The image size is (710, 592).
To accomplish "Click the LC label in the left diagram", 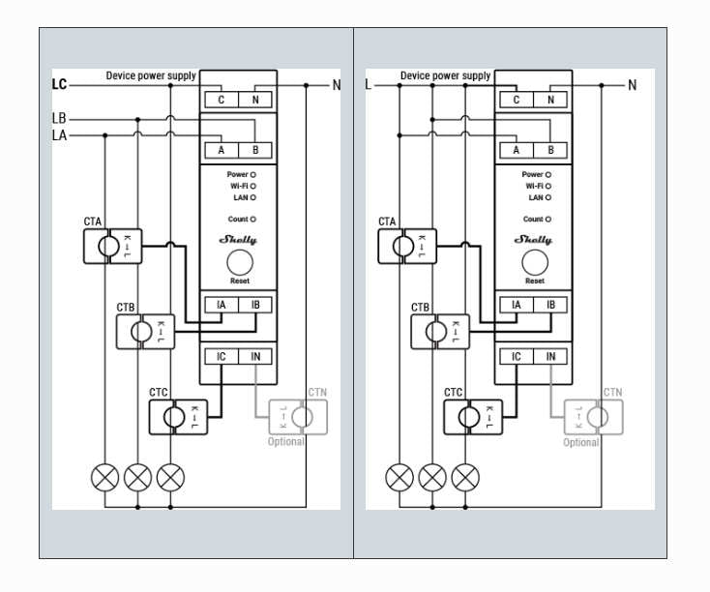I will (x=59, y=85).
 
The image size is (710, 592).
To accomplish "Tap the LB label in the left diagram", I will (x=59, y=119).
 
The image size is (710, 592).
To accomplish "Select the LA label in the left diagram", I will (x=59, y=135).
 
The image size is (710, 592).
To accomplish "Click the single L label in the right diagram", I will (x=368, y=85).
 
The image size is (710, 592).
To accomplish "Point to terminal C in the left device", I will (x=222, y=100).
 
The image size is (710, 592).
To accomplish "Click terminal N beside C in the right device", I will (x=550, y=100).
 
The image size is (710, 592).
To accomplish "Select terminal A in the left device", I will (x=222, y=150).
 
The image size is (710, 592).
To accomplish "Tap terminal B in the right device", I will (x=550, y=150).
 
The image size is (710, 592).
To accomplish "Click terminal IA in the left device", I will (x=222, y=306).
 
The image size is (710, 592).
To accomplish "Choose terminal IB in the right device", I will (x=550, y=306).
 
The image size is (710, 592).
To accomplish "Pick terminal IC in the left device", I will (x=222, y=357).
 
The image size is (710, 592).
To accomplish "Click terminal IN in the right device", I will (x=550, y=357).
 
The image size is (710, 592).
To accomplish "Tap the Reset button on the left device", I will (x=239, y=261).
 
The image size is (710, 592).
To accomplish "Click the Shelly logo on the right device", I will (x=534, y=239).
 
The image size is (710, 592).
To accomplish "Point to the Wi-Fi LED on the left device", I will (x=252, y=186).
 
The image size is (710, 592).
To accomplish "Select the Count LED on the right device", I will (x=548, y=220).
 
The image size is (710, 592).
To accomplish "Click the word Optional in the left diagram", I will (x=286, y=442).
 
